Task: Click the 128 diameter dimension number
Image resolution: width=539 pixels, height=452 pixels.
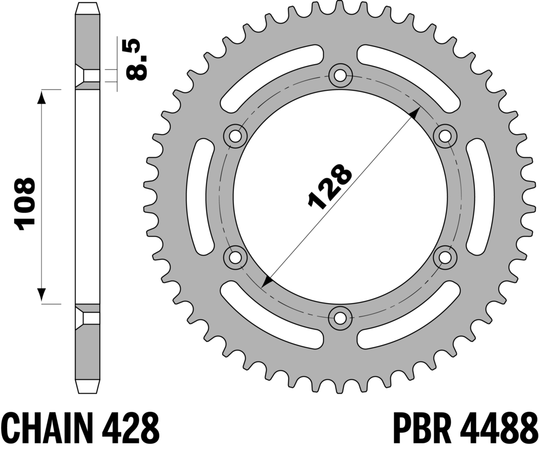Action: (330, 186)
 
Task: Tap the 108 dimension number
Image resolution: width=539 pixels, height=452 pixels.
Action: (24, 204)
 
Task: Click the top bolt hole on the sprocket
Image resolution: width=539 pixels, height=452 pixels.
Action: (340, 76)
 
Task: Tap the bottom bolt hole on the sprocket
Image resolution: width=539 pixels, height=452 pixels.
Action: (340, 318)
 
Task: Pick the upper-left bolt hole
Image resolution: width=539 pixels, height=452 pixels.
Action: (236, 136)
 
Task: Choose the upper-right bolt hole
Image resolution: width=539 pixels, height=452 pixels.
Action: (445, 136)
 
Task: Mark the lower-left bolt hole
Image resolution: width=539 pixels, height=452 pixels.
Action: (236, 258)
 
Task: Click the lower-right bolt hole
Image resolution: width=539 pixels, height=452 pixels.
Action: (445, 258)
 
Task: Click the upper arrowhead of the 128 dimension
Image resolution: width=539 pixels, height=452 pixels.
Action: (415, 113)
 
